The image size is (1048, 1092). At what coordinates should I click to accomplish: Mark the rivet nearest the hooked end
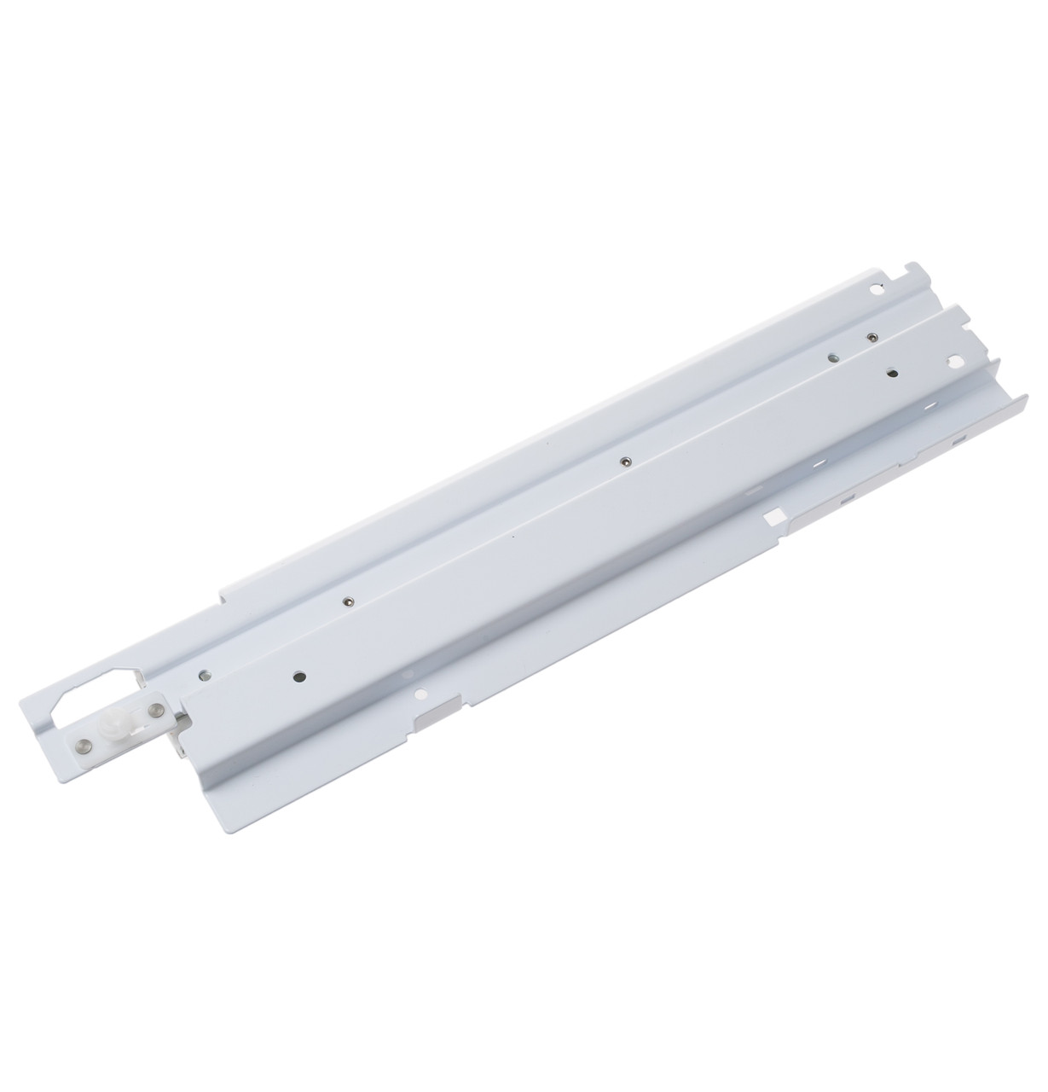tap(871, 337)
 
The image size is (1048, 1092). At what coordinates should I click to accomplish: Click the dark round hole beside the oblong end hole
tap(891, 372)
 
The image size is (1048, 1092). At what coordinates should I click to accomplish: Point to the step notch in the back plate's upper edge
tap(224, 587)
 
